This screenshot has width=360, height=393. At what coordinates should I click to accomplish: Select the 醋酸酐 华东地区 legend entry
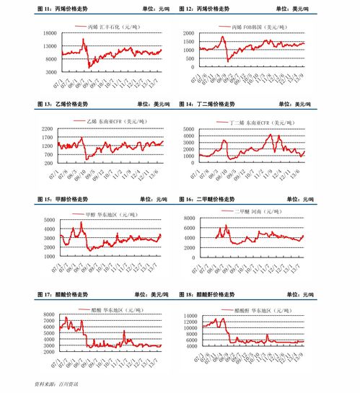259,309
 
